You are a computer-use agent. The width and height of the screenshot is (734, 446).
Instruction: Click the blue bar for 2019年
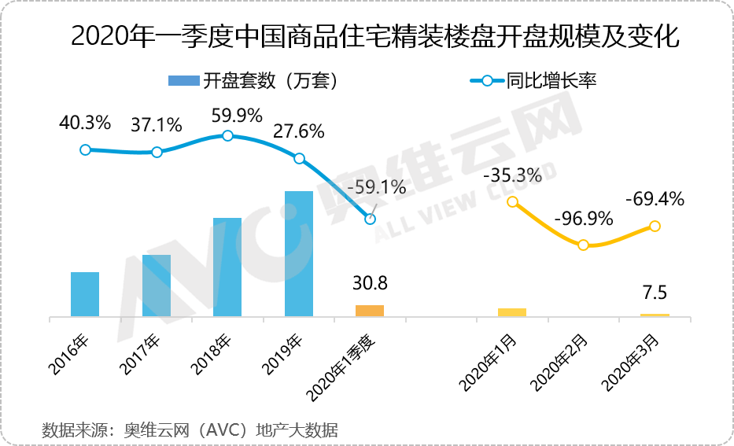click(x=299, y=253)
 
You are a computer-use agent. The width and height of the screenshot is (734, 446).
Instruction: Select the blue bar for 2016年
click(x=85, y=294)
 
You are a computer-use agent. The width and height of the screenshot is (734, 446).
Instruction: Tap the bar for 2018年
click(x=227, y=267)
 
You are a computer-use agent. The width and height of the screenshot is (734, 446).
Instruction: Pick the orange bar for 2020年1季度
click(x=370, y=311)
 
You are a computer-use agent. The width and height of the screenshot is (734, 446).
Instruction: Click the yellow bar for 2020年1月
click(x=512, y=312)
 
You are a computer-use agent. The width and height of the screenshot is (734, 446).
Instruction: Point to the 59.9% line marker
click(x=227, y=135)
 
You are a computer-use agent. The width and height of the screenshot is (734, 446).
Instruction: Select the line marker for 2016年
click(x=85, y=149)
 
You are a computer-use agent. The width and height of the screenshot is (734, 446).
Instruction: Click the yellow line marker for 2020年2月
click(x=583, y=245)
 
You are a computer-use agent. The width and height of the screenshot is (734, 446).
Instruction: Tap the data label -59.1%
click(x=376, y=187)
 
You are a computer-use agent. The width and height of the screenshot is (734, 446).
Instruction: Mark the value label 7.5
click(x=655, y=293)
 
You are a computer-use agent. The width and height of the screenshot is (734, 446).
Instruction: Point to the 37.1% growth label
click(x=156, y=125)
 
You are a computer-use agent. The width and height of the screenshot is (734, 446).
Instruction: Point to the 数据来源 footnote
click(x=189, y=429)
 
